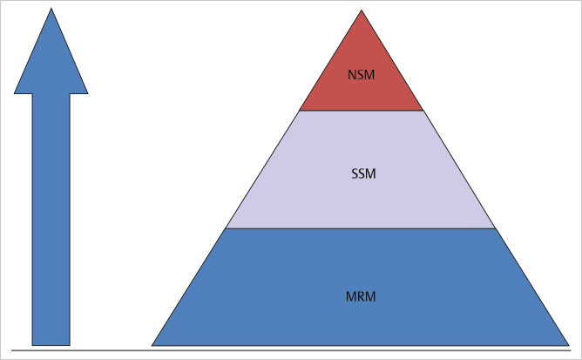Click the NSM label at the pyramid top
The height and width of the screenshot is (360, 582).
pyautogui.click(x=361, y=74)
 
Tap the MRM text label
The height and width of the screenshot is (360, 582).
pyautogui.click(x=361, y=296)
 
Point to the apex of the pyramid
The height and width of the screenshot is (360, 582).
pyautogui.click(x=362, y=11)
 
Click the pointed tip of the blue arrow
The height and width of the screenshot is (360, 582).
pyautogui.click(x=51, y=10)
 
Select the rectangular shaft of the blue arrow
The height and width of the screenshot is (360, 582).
pyautogui.click(x=51, y=218)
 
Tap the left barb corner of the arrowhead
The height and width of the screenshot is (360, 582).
pyautogui.click(x=15, y=92)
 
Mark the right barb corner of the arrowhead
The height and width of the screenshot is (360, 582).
pyautogui.click(x=88, y=92)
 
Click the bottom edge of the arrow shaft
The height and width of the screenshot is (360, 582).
pyautogui.click(x=51, y=345)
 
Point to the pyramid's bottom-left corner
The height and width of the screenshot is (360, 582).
pyautogui.click(x=152, y=345)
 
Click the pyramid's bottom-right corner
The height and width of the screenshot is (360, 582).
pyautogui.click(x=569, y=345)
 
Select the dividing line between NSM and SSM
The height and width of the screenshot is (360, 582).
pyautogui.click(x=361, y=111)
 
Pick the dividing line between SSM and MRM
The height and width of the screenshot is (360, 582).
pyautogui.click(x=361, y=228)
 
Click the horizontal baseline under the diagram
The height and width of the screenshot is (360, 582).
pyautogui.click(x=288, y=351)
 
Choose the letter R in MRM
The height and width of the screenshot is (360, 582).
pyautogui.click(x=361, y=296)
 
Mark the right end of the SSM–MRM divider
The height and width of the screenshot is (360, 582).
pyautogui.click(x=495, y=228)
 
